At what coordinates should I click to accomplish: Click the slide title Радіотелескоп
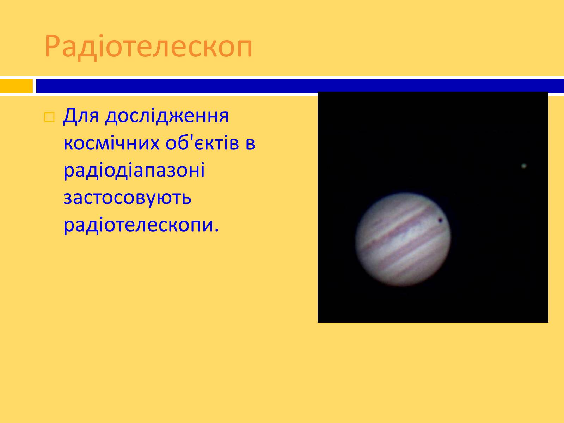click(148, 47)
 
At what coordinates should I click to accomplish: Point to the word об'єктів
click(202, 143)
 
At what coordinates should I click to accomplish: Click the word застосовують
click(128, 198)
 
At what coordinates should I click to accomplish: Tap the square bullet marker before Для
click(49, 117)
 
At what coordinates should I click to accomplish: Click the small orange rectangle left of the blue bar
click(17, 86)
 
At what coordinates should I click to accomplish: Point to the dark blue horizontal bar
click(300, 86)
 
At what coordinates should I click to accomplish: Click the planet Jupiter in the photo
click(403, 239)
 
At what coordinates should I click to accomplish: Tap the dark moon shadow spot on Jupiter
click(440, 220)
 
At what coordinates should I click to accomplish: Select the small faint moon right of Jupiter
click(524, 166)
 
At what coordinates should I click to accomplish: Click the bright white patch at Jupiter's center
click(406, 239)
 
